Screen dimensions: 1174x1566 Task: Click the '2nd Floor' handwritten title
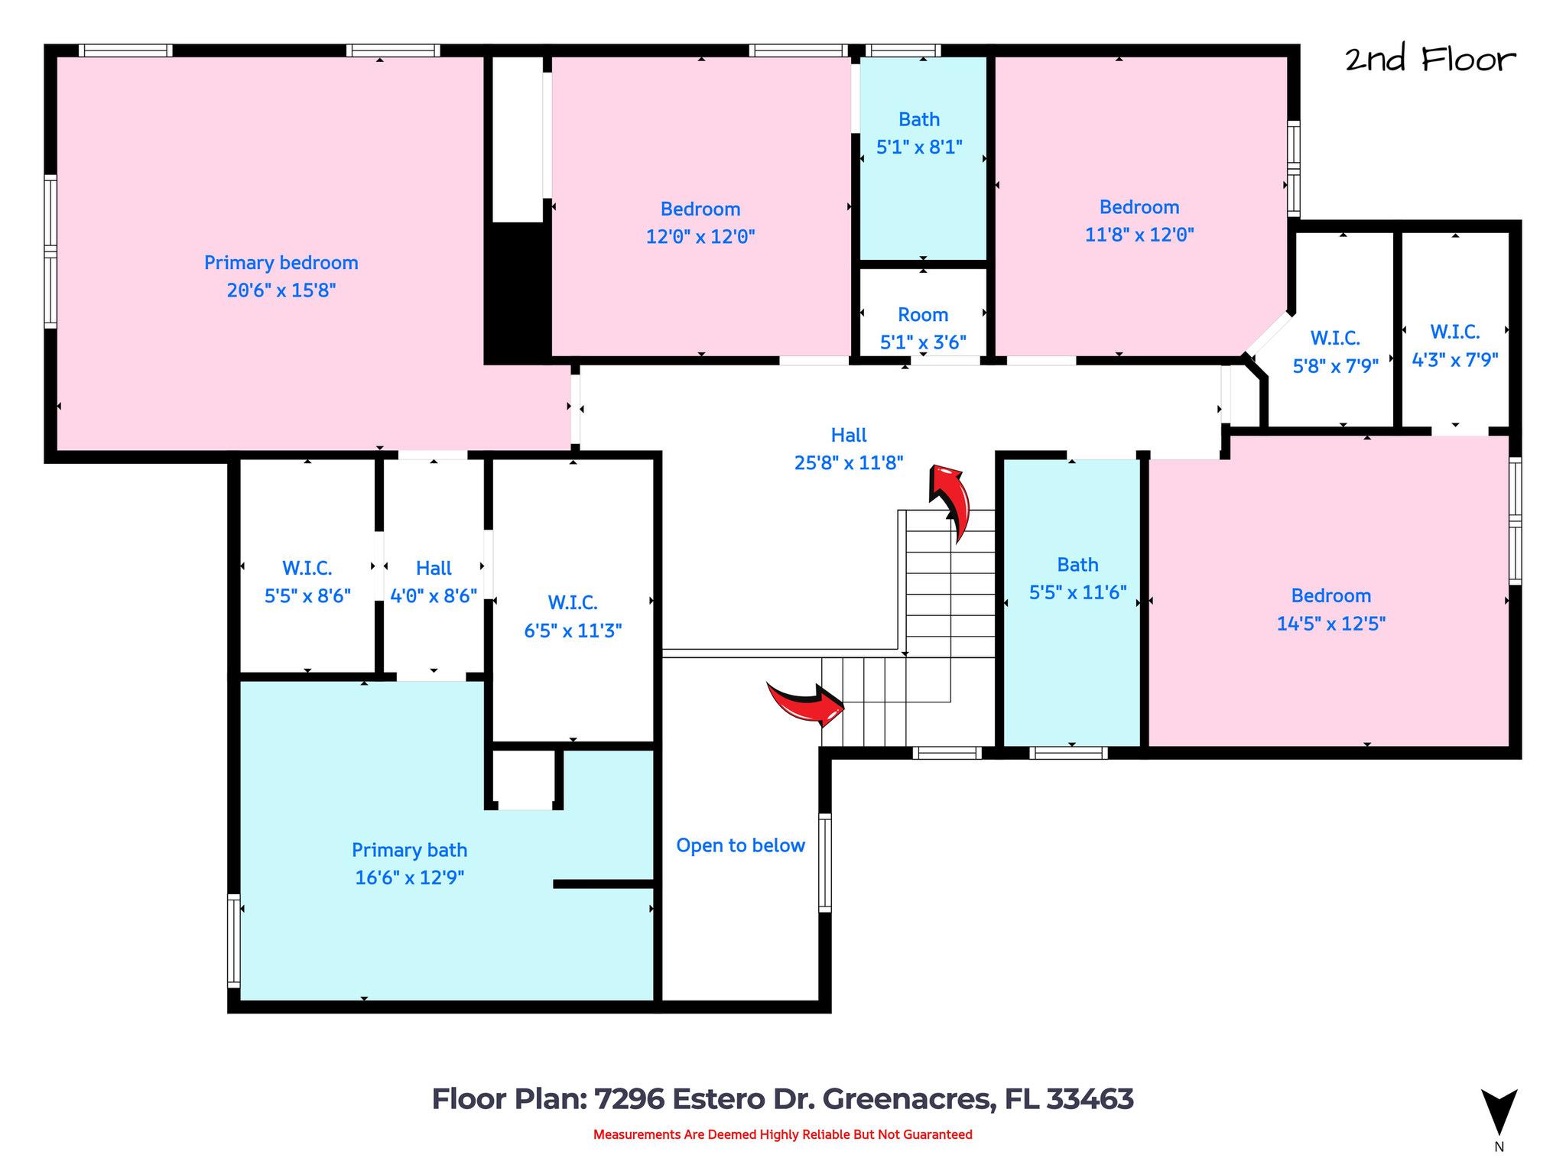pos(1429,60)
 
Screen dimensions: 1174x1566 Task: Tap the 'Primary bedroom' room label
pos(281,263)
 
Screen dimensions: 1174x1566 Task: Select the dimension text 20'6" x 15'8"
pos(281,290)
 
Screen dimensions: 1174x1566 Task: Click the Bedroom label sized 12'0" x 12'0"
pos(700,209)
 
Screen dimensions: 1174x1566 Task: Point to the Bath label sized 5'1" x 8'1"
pos(918,120)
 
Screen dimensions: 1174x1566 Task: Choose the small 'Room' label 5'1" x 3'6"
pos(922,315)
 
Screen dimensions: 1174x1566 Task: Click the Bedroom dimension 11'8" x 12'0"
pos(1139,235)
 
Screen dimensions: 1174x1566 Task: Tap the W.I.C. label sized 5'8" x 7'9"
pos(1334,338)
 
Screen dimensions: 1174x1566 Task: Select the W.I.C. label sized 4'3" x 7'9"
pos(1454,332)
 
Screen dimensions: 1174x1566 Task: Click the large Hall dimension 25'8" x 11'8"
pos(848,462)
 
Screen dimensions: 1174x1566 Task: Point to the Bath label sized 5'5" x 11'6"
pos(1077,565)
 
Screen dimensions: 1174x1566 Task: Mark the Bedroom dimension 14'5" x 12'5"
pos(1330,624)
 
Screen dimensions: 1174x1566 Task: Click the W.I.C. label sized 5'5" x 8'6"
pos(307,569)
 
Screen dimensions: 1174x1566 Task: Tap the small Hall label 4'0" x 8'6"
pos(434,569)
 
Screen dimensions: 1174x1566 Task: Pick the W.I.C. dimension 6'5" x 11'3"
pos(572,631)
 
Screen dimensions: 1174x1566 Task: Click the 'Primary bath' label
pos(409,850)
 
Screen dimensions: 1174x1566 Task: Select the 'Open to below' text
pos(740,845)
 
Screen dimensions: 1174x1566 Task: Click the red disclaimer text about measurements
pos(782,1134)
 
